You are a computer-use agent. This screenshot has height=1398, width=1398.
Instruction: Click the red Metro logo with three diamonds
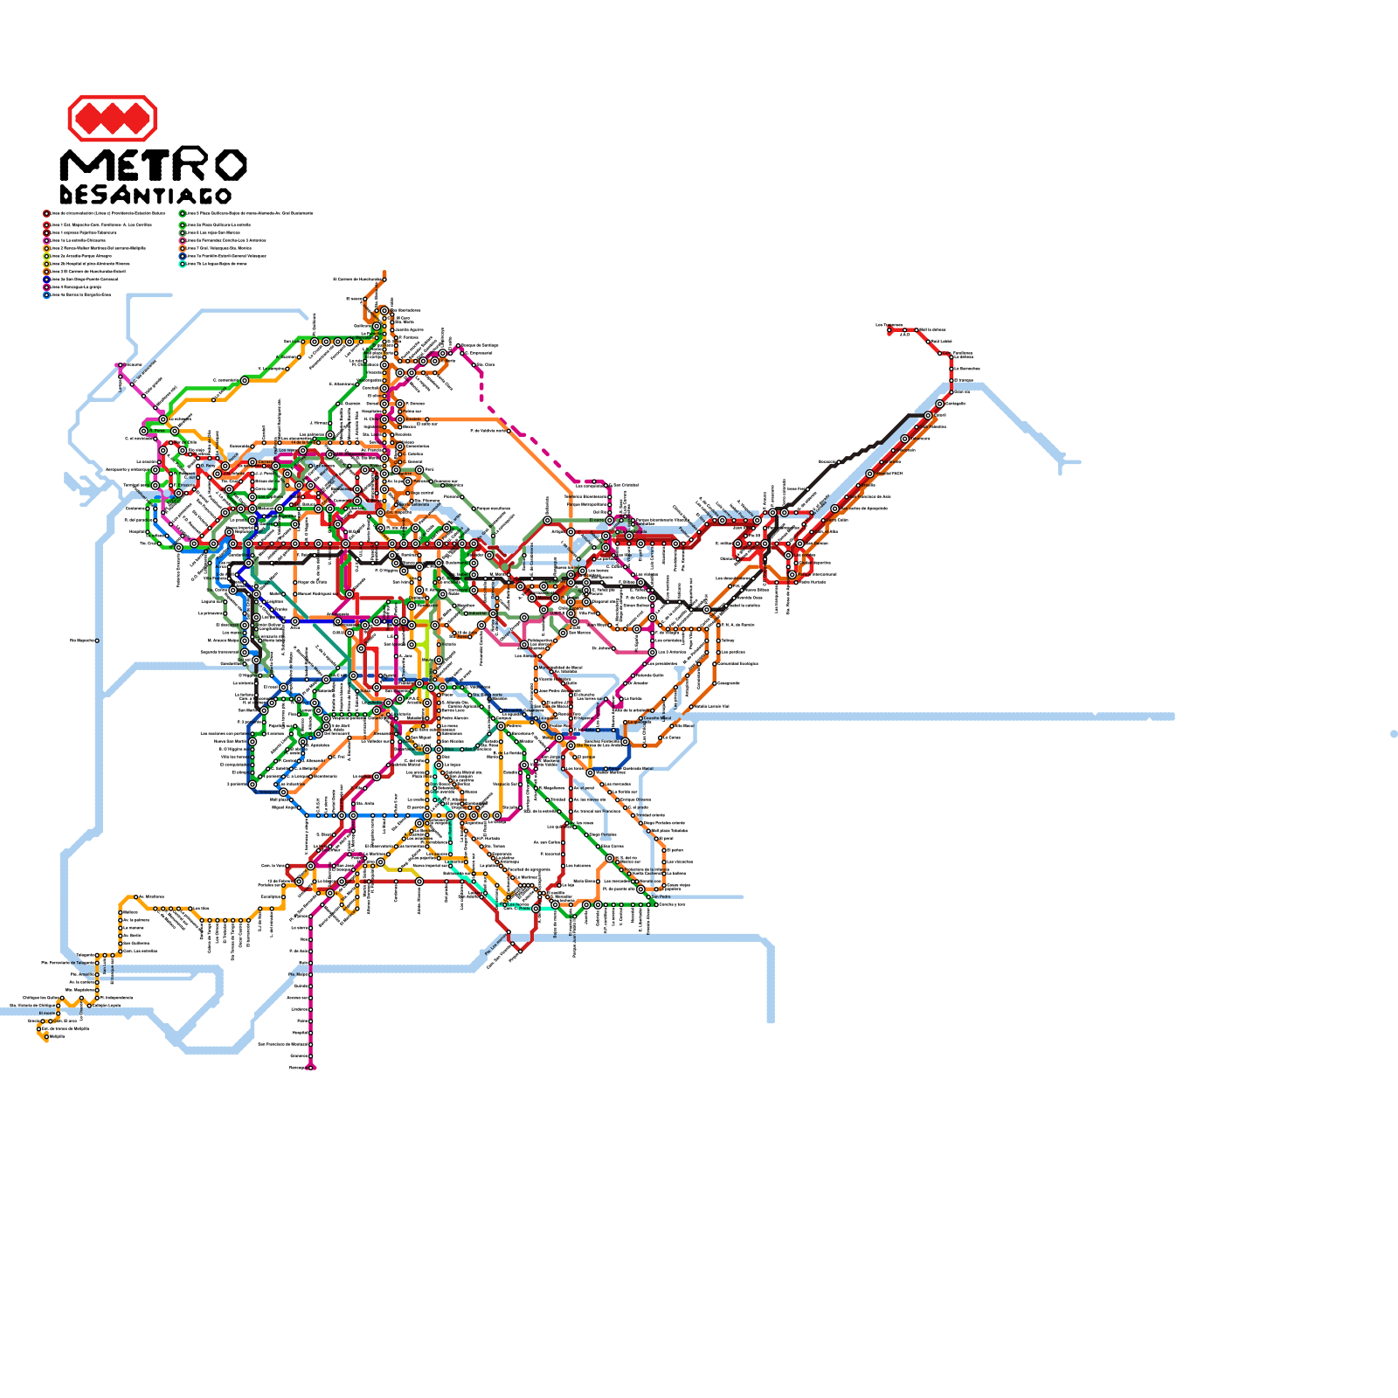point(112,118)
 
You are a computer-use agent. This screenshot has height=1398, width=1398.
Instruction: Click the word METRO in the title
point(153,165)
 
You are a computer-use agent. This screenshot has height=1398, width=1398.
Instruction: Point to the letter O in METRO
point(230,165)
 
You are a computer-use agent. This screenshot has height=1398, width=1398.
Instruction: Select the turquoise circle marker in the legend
point(182,263)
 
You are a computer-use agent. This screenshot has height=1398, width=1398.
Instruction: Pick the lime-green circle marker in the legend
point(46,255)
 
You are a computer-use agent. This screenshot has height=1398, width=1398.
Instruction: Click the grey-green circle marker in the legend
point(182,232)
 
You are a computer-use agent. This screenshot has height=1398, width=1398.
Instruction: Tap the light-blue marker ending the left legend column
point(46,294)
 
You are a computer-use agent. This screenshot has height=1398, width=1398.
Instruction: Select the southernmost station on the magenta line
point(312,1067)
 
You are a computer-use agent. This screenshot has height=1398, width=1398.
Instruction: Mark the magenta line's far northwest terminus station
point(120,365)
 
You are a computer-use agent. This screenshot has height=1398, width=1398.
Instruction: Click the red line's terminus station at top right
point(889,330)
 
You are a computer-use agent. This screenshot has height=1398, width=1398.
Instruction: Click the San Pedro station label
point(661,896)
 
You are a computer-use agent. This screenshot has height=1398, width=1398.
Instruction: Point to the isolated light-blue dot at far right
point(1394,734)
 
